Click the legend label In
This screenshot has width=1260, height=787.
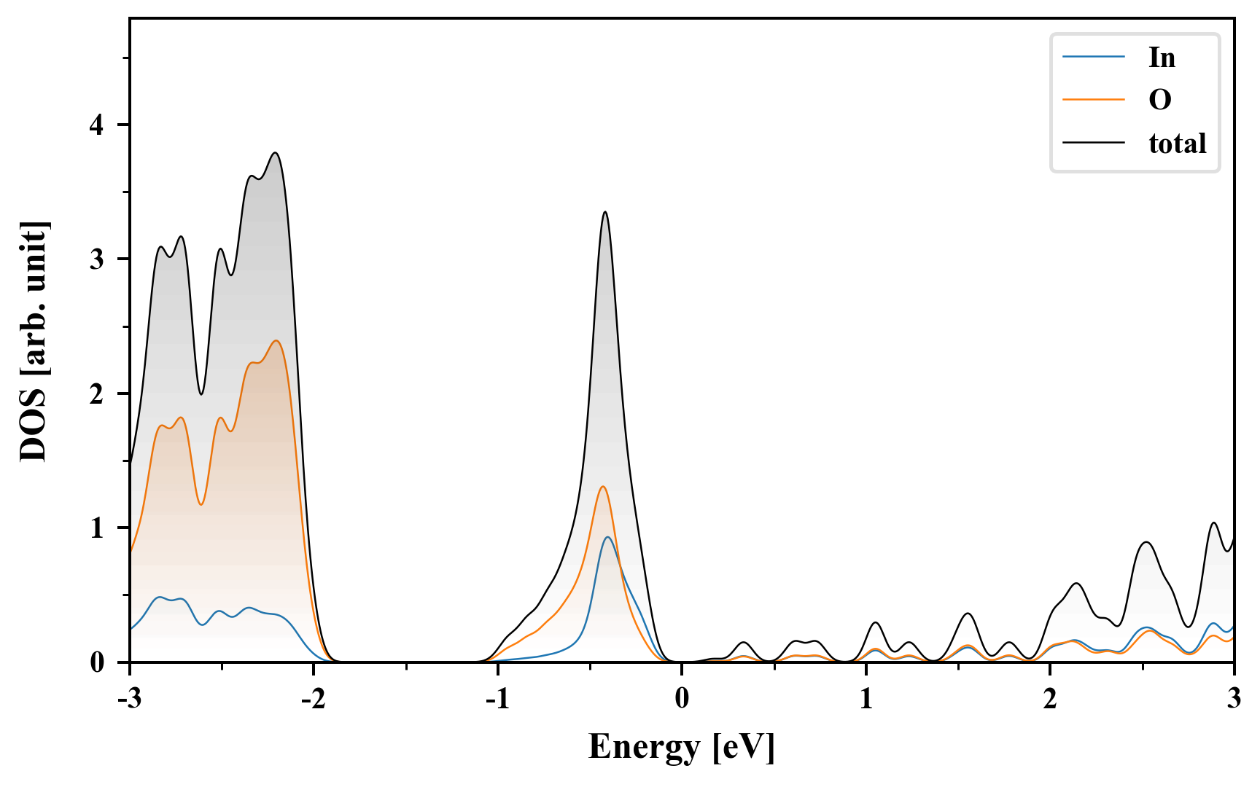[x=1162, y=58]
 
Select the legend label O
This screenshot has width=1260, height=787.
[x=1159, y=100]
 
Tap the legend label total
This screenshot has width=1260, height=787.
[x=1177, y=144]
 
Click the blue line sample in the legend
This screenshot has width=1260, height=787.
[x=1093, y=58]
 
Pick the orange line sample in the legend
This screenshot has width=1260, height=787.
[x=1093, y=100]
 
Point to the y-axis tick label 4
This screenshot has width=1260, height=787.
[x=97, y=125]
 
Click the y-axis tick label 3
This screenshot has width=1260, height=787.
[x=97, y=259]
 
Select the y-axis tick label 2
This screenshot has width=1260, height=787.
[x=97, y=393]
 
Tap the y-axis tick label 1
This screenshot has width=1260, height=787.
[x=97, y=528]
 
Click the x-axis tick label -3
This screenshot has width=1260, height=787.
[x=130, y=699]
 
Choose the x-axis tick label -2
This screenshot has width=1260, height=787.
[x=314, y=699]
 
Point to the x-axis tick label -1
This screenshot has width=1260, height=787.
[x=497, y=699]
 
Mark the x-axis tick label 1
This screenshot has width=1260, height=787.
[x=866, y=699]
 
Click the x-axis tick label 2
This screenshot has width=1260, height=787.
[x=1050, y=699]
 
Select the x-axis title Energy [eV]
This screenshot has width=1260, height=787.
[x=682, y=747]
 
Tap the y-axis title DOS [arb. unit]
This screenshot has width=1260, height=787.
[x=34, y=340]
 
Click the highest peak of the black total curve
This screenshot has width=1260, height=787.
[x=276, y=153]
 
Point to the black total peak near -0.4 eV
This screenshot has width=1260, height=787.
[x=605, y=212]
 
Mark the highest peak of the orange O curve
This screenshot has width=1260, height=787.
[x=276, y=340]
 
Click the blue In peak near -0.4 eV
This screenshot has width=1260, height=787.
[x=607, y=537]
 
